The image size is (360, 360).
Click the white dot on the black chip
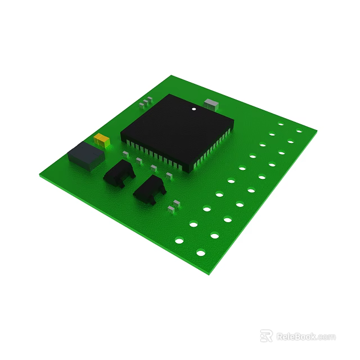pos(193,109)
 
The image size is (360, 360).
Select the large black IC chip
pos(176,130)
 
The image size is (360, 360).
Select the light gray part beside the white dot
pos(211,103)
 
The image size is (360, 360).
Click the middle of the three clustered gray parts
pos(145,102)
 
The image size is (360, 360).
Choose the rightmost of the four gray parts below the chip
pos(169,176)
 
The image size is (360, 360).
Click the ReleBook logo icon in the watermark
pos(266,336)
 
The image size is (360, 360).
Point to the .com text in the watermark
pos(326,337)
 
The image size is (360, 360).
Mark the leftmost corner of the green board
pos(40,175)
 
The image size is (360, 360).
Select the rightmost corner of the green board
pos(317,132)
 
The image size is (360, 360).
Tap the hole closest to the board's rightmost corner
pos(299,132)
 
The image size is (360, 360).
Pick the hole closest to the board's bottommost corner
pos(201,253)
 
